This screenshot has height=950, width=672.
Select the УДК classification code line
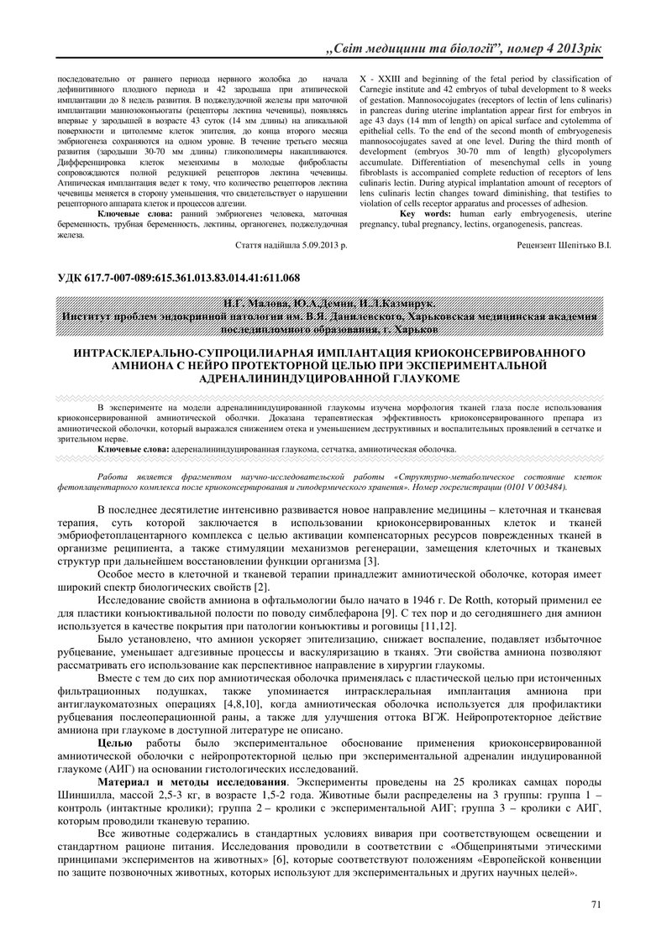pyautogui.click(x=178, y=278)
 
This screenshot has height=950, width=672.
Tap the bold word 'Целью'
pyautogui.click(x=115, y=743)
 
